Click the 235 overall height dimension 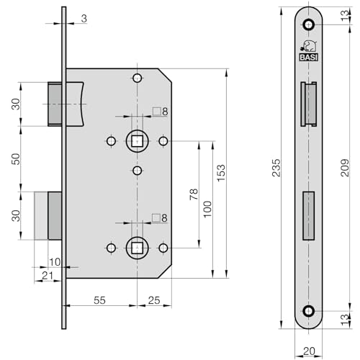[x=276, y=168]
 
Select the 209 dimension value [x=345, y=168]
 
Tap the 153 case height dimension [x=221, y=173]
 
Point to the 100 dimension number [x=207, y=209]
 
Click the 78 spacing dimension [x=194, y=194]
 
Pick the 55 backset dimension [x=99, y=300]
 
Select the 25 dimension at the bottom [x=154, y=300]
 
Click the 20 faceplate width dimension [x=309, y=351]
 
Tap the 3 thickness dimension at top [x=84, y=19]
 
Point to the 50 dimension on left [x=16, y=159]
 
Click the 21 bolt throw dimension [x=48, y=276]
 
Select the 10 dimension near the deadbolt [x=55, y=262]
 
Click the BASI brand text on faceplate [x=309, y=58]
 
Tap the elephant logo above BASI [x=309, y=46]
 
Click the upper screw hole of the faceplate [x=308, y=24]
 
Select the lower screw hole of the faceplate [x=308, y=311]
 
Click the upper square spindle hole [x=137, y=141]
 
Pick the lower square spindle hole [x=137, y=248]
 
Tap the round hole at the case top [x=137, y=78]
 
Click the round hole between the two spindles [x=137, y=171]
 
